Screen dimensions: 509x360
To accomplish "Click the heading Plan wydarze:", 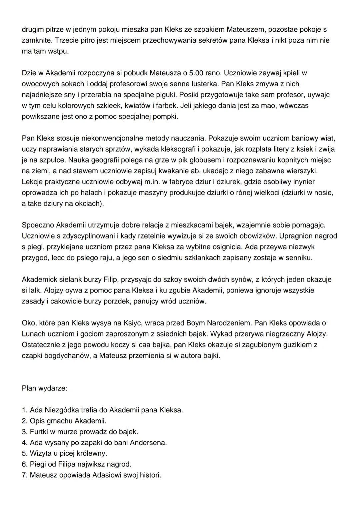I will coord(44,388).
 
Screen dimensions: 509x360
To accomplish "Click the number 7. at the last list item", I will coord(25,475).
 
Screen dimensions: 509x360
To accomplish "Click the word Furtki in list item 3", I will coord(39,432).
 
